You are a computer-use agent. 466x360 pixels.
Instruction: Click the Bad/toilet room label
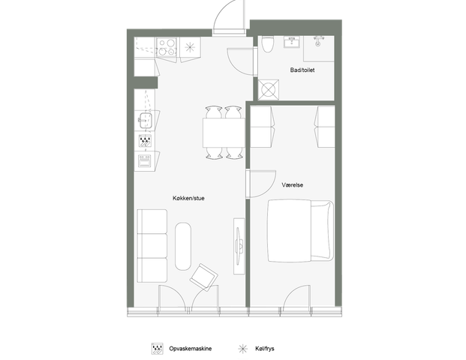point(302,70)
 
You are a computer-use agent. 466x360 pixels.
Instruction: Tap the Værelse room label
point(293,185)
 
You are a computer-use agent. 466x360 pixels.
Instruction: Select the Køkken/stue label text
point(188,198)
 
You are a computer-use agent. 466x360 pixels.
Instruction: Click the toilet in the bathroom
point(267,44)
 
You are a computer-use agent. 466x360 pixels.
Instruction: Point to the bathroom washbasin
point(293,42)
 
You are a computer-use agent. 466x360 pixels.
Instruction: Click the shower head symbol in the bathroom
point(318,41)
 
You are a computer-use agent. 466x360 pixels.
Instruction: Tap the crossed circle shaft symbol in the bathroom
point(269,90)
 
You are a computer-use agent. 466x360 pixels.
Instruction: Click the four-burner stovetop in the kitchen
point(167,47)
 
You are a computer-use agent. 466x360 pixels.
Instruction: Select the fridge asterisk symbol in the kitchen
point(190,47)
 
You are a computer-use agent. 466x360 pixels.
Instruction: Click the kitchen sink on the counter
point(146,120)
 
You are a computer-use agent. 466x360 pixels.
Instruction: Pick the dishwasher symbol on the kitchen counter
point(145,141)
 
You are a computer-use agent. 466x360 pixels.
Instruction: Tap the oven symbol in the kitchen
point(145,160)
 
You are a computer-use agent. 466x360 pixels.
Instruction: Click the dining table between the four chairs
point(224,133)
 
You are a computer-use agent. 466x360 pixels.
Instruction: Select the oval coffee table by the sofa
point(183,246)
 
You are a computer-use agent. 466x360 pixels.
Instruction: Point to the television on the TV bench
point(239,246)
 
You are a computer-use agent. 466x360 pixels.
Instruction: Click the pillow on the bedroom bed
point(321,231)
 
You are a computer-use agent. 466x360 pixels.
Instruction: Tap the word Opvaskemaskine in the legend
point(191,349)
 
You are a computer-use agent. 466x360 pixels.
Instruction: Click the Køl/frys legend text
point(264,349)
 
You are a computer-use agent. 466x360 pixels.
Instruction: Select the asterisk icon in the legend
point(243,349)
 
